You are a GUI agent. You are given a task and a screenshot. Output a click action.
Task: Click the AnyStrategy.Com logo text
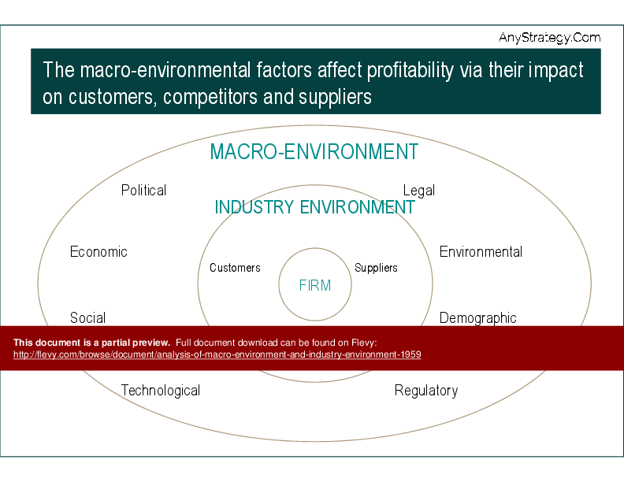549,37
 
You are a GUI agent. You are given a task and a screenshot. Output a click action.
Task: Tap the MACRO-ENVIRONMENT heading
314,152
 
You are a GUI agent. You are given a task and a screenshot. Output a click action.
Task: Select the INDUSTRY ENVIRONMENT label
314,207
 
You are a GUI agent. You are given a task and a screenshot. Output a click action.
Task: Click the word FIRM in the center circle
315,286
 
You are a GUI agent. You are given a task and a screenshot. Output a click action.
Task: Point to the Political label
143,191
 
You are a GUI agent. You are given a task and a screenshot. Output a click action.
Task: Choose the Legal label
418,191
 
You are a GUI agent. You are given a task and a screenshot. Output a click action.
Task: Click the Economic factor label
98,252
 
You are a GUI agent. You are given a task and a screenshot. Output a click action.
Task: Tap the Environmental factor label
481,252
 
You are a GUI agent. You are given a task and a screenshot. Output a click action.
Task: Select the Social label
87,318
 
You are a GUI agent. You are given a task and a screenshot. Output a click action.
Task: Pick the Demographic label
477,318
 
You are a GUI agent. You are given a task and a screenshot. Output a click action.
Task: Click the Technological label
160,391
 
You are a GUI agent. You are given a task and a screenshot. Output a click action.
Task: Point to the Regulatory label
425,391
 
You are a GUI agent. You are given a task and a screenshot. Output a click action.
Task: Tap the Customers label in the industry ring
235,268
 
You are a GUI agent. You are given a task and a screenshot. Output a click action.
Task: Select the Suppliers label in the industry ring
376,268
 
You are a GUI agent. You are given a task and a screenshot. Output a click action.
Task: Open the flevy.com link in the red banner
217,355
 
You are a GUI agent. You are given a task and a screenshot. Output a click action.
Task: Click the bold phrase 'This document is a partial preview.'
91,343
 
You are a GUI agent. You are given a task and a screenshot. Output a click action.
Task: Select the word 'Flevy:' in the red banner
365,343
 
